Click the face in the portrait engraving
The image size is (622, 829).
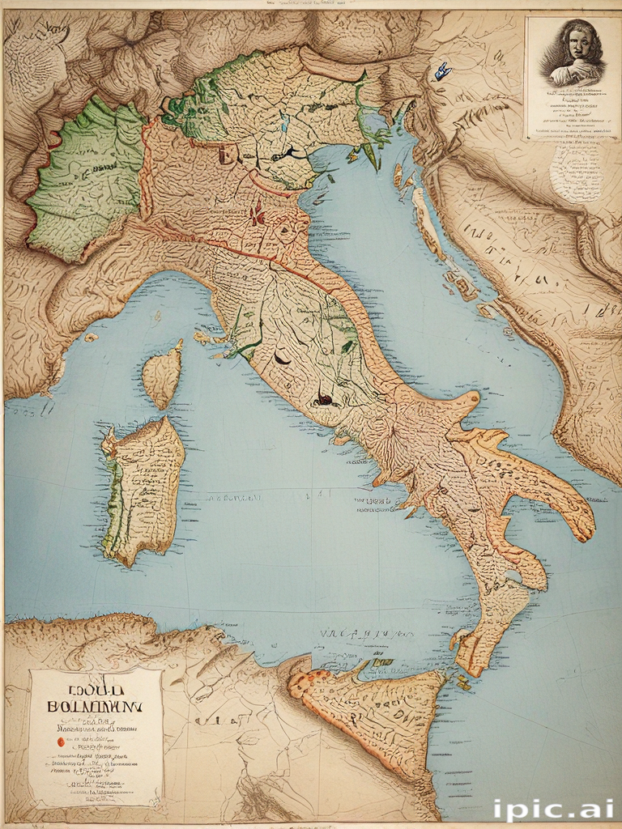coord(577,47)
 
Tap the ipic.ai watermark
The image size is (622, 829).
coord(553,810)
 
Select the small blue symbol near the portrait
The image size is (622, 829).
coord(442,72)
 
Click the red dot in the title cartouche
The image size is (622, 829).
coord(60,742)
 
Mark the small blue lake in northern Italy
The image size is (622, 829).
coord(285,124)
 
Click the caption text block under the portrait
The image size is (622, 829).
coord(572,113)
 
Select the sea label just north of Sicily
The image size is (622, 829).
coord(356,635)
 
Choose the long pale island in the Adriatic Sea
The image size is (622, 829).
coord(427,223)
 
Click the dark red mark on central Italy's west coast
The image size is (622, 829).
coord(324,397)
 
